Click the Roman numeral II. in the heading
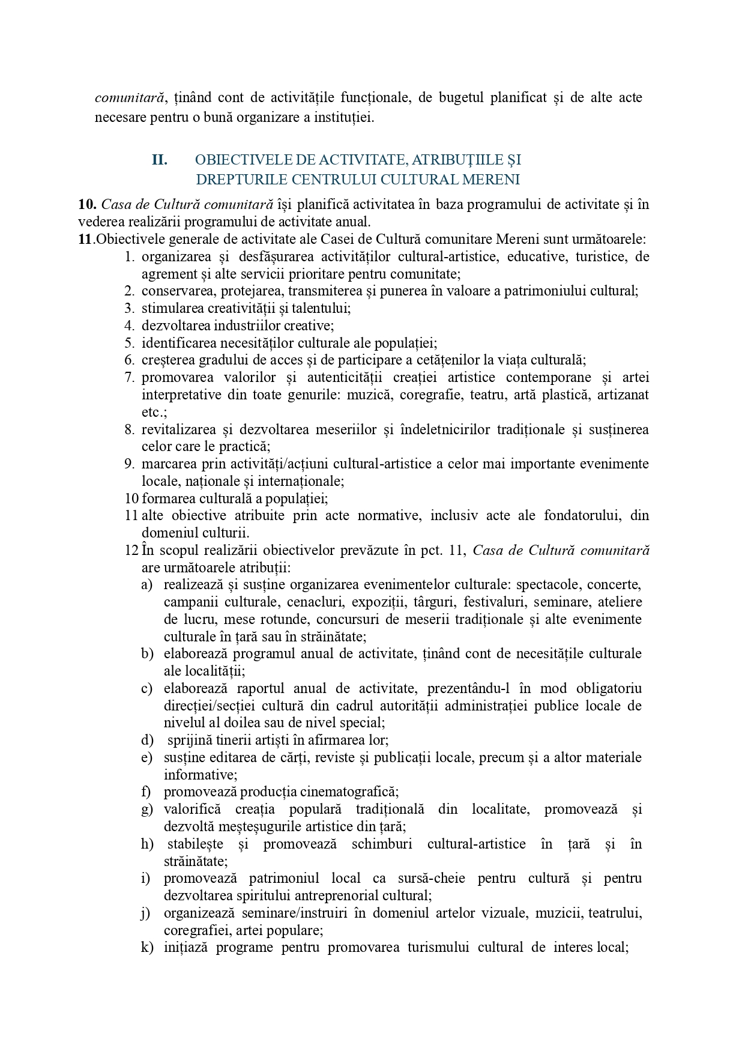click(159, 160)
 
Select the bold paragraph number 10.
click(88, 204)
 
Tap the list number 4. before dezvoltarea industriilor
click(129, 326)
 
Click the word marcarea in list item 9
click(165, 464)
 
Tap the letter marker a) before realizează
click(147, 585)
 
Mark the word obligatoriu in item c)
click(609, 688)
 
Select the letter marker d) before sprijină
click(147, 741)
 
